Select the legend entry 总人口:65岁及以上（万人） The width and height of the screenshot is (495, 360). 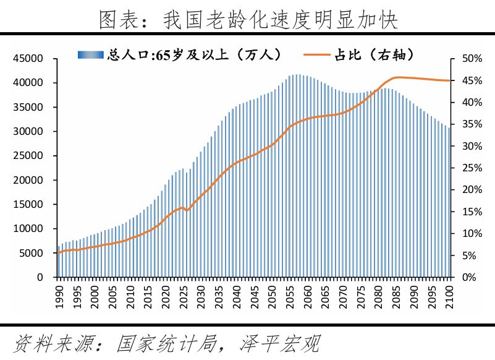click(179, 54)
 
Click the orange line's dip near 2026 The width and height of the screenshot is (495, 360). click(187, 211)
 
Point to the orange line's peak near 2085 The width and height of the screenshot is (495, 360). click(397, 77)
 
